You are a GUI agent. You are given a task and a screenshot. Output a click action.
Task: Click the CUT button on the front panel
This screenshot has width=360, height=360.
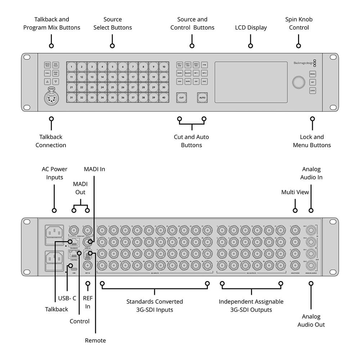[181, 98]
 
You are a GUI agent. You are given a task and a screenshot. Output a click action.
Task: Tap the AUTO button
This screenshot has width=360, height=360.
[202, 98]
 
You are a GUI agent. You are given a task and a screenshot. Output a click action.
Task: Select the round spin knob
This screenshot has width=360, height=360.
[298, 82]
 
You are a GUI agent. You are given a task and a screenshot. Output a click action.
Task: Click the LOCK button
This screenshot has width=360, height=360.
[312, 91]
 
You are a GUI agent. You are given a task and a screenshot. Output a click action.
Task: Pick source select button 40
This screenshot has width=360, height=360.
[164, 97]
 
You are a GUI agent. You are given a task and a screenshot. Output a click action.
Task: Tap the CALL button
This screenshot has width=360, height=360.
[48, 73]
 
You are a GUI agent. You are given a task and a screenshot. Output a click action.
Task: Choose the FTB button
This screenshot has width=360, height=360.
[204, 65]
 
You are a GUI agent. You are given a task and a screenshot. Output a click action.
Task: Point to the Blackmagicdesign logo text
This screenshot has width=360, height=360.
[303, 63]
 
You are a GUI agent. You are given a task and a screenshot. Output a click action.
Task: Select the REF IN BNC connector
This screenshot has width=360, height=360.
[87, 266]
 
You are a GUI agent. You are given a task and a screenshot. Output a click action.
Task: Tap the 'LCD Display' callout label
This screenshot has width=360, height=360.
[251, 28]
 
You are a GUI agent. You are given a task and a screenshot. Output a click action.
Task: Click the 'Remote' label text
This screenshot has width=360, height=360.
[95, 340]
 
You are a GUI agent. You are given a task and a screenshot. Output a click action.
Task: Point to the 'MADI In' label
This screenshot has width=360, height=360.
[94, 169]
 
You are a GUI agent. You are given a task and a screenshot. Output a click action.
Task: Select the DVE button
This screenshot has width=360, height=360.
[204, 81]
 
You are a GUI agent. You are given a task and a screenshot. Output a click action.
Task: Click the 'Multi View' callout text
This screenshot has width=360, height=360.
[295, 192]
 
